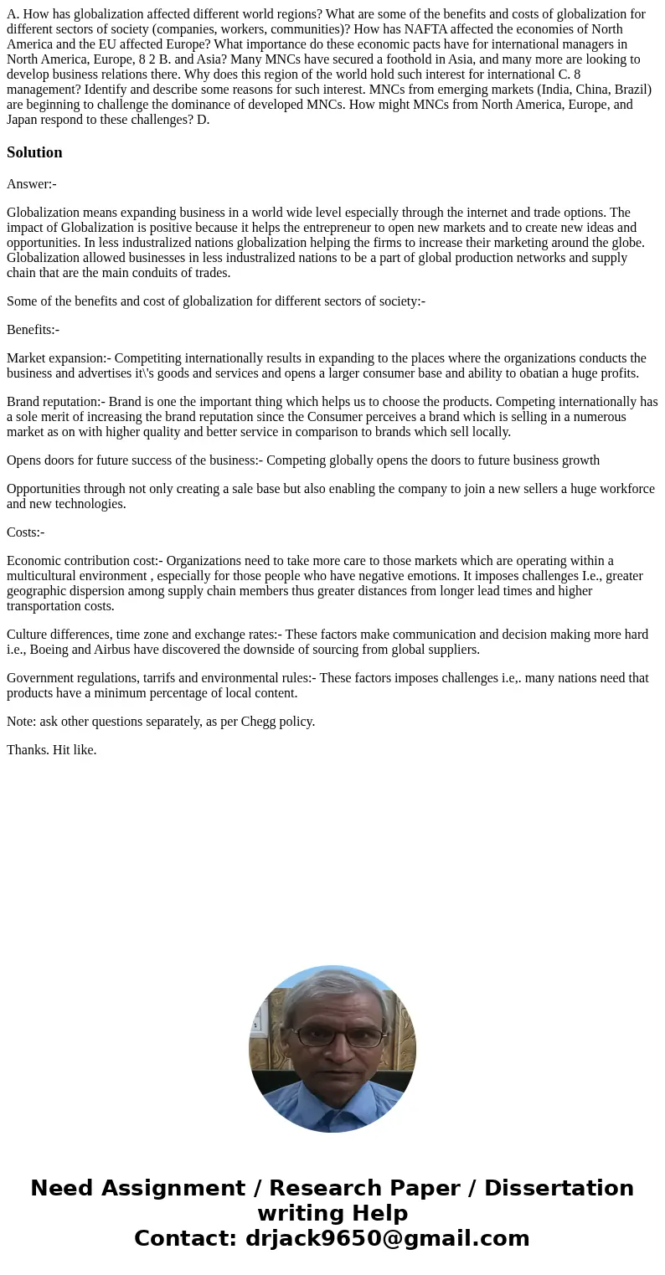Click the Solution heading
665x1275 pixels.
(34, 152)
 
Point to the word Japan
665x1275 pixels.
(25, 120)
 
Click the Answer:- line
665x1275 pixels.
(32, 184)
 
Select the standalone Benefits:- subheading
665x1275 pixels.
(33, 330)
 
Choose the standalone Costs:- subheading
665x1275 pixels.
(26, 532)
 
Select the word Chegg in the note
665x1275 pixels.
(247, 722)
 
